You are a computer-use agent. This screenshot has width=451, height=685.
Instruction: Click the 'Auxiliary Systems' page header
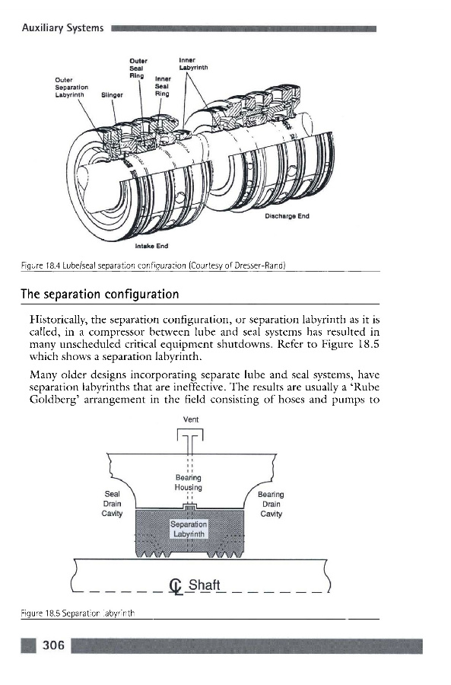point(63,28)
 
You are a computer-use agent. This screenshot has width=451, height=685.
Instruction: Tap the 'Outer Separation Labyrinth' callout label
point(71,88)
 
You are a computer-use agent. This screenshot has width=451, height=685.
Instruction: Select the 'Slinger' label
point(113,95)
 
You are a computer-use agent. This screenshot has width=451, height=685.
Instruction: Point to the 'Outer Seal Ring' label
point(138,68)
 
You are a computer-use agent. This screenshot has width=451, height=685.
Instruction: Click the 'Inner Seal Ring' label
point(163,86)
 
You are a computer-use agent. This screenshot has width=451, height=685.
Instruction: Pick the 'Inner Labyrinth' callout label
point(193,64)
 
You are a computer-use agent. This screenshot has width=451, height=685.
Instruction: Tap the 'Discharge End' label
point(287,216)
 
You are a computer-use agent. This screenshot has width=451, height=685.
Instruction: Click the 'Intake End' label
point(151,246)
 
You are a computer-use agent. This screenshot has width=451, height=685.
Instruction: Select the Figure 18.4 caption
point(153,266)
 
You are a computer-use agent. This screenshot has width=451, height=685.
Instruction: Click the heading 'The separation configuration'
point(100,294)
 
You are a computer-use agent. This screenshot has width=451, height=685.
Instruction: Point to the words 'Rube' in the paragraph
point(367,387)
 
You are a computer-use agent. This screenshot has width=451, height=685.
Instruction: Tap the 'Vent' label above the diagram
point(191,420)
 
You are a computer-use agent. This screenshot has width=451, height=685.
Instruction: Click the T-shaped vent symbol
point(190,442)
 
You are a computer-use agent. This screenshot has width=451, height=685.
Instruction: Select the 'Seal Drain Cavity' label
point(113,504)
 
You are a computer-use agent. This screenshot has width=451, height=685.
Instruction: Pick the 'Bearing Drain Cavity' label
point(271,504)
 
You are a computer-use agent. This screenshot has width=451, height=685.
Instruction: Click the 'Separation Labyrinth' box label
point(189,529)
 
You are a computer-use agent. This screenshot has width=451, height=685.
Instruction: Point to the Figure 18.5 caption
point(78,613)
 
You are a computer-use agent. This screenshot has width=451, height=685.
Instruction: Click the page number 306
point(53,645)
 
